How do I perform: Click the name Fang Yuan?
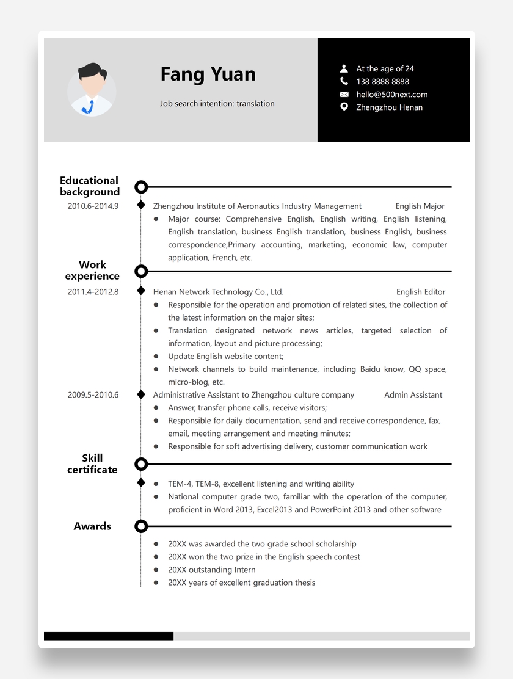pyautogui.click(x=208, y=74)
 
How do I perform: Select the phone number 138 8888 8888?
pyautogui.click(x=382, y=82)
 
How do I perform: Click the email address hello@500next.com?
pyautogui.click(x=391, y=95)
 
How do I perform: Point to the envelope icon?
pyautogui.click(x=344, y=95)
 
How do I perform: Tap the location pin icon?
pyautogui.click(x=344, y=107)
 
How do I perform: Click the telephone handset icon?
pyautogui.click(x=344, y=81)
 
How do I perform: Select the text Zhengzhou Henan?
pyautogui.click(x=389, y=107)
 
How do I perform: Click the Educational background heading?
pyautogui.click(x=90, y=186)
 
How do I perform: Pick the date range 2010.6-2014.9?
pyautogui.click(x=93, y=206)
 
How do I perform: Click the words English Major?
pyautogui.click(x=420, y=206)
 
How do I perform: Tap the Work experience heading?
pyautogui.click(x=92, y=271)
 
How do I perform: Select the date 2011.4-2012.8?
pyautogui.click(x=93, y=292)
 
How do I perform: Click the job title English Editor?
pyautogui.click(x=420, y=292)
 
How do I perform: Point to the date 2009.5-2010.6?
pyautogui.click(x=93, y=395)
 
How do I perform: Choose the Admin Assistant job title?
pyautogui.click(x=413, y=395)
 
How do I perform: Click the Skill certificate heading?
pyautogui.click(x=92, y=464)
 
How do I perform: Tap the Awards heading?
pyautogui.click(x=92, y=526)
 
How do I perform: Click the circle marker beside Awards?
pyautogui.click(x=141, y=526)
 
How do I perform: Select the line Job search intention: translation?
pyautogui.click(x=217, y=104)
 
